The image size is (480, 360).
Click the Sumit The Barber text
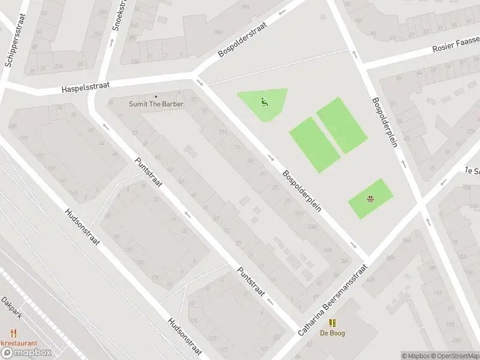tap(156, 104)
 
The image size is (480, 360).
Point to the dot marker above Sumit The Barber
tap(156, 96)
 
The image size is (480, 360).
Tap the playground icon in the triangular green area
tap(264, 101)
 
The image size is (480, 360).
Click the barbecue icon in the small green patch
tap(371, 199)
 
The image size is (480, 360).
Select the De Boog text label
tap(332, 333)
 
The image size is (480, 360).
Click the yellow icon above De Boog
tap(332, 323)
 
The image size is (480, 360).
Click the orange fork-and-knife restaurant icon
tap(13, 332)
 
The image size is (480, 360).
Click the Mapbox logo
tap(26, 352)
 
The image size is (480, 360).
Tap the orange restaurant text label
tap(18, 343)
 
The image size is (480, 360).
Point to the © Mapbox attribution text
tap(415, 356)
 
